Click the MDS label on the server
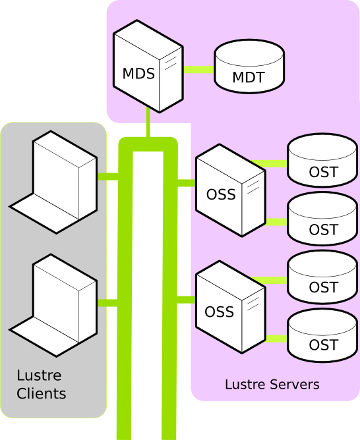(138, 74)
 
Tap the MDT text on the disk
(249, 77)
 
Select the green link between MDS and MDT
(199, 69)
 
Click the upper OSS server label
(221, 194)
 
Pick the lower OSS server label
(220, 312)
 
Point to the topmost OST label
(324, 172)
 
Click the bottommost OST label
(324, 345)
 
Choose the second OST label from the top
(324, 229)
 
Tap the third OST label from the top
(324, 287)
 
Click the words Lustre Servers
(272, 384)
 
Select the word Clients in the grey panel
(42, 393)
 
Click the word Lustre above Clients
(39, 375)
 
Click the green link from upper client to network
(108, 177)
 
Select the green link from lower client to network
(108, 303)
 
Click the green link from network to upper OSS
(187, 183)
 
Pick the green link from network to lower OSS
(187, 300)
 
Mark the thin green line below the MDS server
(148, 123)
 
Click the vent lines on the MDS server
(171, 63)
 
